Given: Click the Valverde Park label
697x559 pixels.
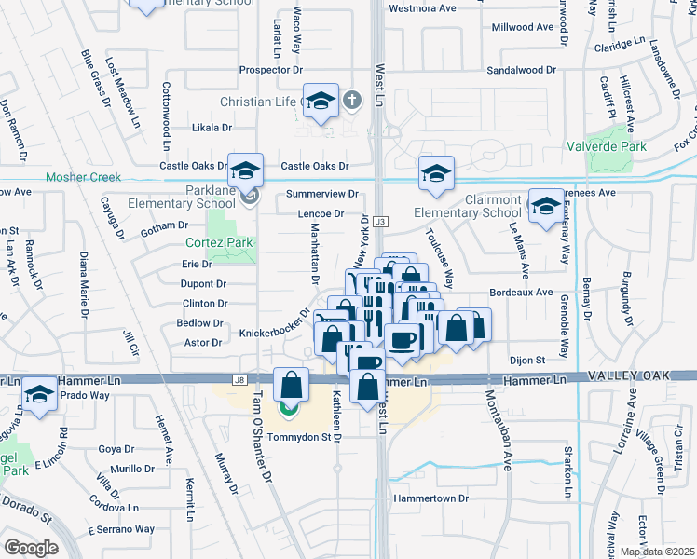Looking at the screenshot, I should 608,146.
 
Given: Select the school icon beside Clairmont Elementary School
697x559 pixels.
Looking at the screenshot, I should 436,172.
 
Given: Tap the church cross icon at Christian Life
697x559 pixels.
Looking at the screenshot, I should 352,100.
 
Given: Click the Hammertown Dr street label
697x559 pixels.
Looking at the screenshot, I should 430,498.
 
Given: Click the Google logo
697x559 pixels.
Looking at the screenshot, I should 31,548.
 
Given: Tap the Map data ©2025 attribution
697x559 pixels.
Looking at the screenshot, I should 657,552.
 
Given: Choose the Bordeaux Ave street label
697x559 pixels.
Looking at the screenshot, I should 521,292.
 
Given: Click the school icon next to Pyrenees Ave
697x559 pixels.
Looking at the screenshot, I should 545,206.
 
